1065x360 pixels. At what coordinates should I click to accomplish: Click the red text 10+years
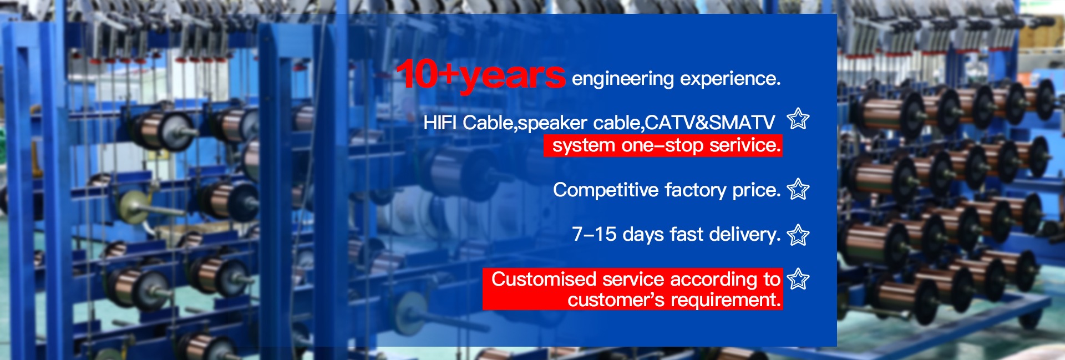point(480,75)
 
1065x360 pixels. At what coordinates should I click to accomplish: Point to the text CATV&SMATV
point(710,123)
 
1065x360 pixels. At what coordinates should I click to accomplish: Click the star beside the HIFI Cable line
point(798,119)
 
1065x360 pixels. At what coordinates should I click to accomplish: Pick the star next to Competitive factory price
point(798,190)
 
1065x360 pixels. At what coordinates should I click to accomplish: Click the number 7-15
point(594,235)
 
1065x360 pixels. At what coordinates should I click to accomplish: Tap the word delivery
point(744,235)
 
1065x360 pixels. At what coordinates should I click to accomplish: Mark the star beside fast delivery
point(798,235)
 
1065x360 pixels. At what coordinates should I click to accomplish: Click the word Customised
point(544,279)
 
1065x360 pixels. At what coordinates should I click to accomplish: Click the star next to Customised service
point(798,278)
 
